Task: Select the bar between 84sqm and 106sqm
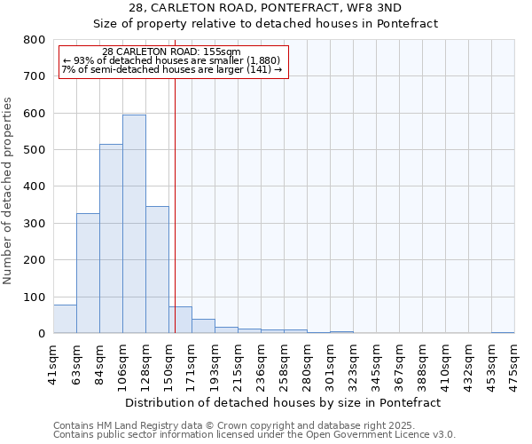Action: coord(111,239)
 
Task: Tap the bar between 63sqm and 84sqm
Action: coord(88,274)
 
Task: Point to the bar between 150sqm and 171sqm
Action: coord(180,320)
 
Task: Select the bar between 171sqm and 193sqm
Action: coord(203,326)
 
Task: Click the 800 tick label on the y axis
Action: coord(34,40)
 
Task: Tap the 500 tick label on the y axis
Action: coord(34,150)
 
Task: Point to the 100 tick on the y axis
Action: coord(34,297)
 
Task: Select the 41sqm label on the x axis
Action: coord(53,361)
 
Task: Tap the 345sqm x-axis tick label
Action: coord(376,363)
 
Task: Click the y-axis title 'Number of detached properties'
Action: coord(8,186)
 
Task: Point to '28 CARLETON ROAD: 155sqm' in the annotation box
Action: coord(171,52)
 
